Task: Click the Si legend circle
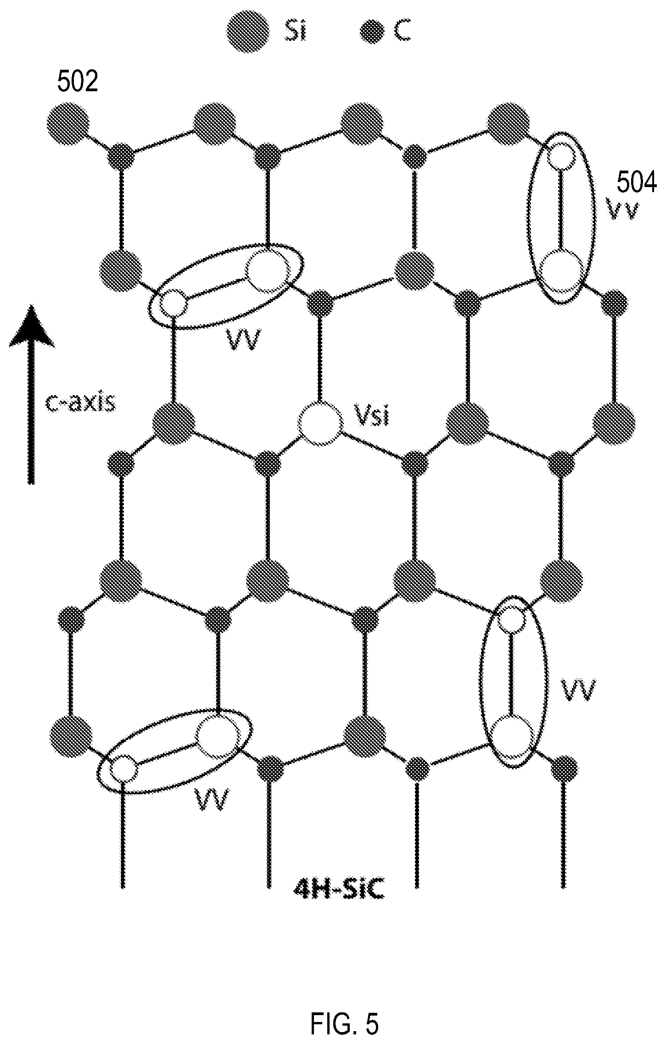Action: pyautogui.click(x=248, y=31)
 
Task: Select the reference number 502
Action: pyautogui.click(x=78, y=83)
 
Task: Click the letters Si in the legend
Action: pyautogui.click(x=294, y=31)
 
